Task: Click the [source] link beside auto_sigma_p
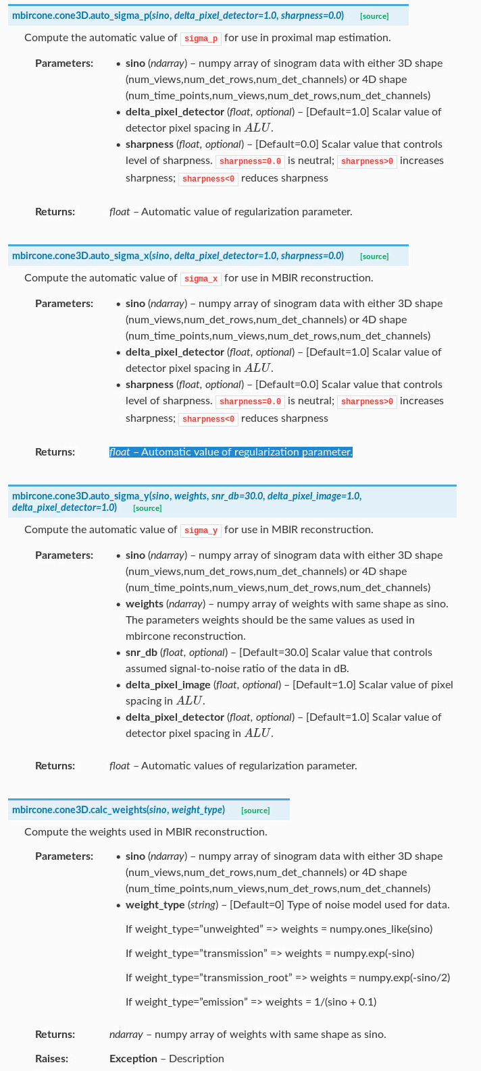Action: pos(374,16)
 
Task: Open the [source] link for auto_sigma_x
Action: pos(374,256)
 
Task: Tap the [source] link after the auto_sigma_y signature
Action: pos(147,508)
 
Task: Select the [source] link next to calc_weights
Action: pos(255,811)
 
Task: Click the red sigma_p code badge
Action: pos(201,38)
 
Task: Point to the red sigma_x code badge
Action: pos(201,279)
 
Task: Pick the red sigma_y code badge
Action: pos(201,530)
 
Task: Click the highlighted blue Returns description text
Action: pos(230,452)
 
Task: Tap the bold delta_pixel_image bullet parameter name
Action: pos(168,685)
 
